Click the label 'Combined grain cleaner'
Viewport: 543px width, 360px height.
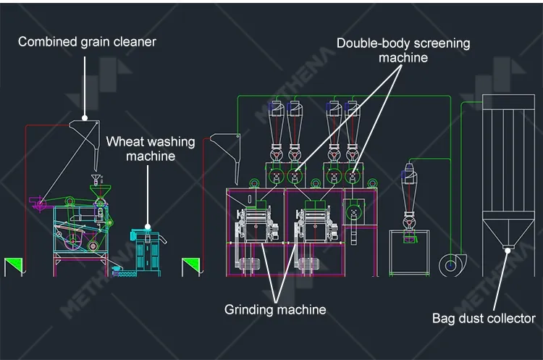[x=87, y=42]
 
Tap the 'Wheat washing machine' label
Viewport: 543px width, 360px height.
[x=151, y=148]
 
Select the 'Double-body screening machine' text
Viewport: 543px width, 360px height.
[x=403, y=50]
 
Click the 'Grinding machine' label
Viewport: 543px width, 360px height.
[x=275, y=309]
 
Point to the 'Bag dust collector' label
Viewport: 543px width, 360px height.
[x=484, y=318]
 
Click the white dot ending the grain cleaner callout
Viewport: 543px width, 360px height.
[x=85, y=118]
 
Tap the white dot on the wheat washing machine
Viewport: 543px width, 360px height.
[x=148, y=227]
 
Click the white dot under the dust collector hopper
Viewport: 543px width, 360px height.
[x=508, y=250]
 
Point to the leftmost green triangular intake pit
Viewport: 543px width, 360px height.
[x=14, y=266]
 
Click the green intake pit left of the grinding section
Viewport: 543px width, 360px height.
[x=191, y=266]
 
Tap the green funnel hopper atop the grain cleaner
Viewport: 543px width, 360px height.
[x=101, y=192]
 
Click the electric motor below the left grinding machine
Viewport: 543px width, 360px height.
[x=248, y=264]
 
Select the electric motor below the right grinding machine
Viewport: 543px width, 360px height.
[x=308, y=264]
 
